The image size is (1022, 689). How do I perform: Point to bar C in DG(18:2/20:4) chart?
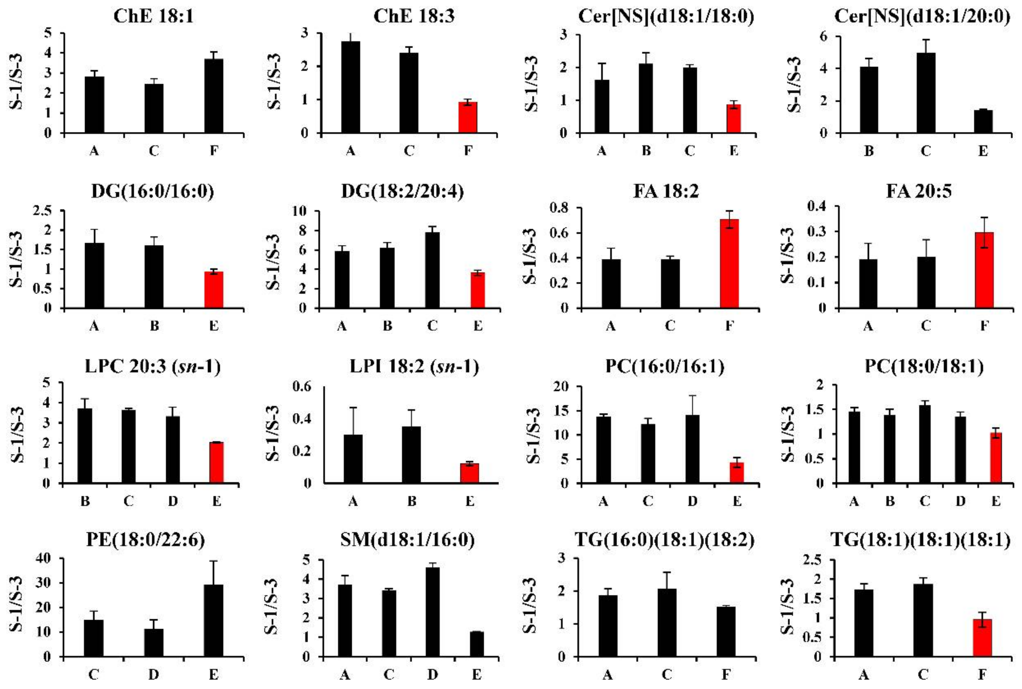point(432,270)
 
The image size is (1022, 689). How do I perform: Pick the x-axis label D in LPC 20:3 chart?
point(173,501)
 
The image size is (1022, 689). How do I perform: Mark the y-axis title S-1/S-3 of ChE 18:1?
point(17,82)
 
